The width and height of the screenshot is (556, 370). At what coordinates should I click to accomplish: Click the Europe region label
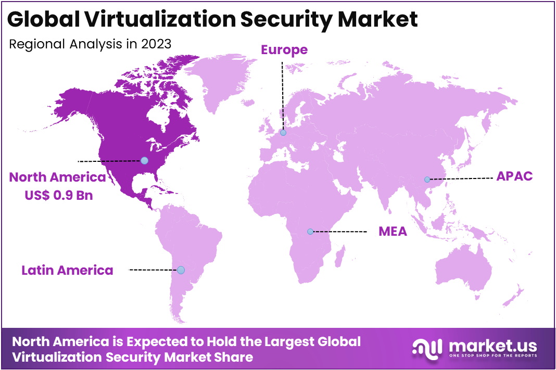(284, 50)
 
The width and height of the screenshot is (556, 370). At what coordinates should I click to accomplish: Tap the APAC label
(514, 176)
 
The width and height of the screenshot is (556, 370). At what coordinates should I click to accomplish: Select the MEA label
(393, 232)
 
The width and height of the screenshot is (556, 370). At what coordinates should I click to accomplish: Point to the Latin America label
(67, 270)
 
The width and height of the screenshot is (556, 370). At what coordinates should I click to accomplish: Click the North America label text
(57, 177)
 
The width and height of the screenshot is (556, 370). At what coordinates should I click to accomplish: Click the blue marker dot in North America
(144, 161)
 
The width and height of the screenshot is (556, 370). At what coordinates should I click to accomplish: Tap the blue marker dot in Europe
(283, 133)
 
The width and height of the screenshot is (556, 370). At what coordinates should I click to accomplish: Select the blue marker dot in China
(427, 180)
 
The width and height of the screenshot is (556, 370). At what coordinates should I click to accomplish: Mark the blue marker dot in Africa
(310, 231)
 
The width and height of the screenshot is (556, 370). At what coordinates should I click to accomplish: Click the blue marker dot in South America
(181, 270)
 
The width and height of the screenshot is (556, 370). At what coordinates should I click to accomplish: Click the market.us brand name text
(492, 345)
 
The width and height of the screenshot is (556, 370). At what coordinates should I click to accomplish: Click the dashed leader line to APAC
(461, 178)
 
